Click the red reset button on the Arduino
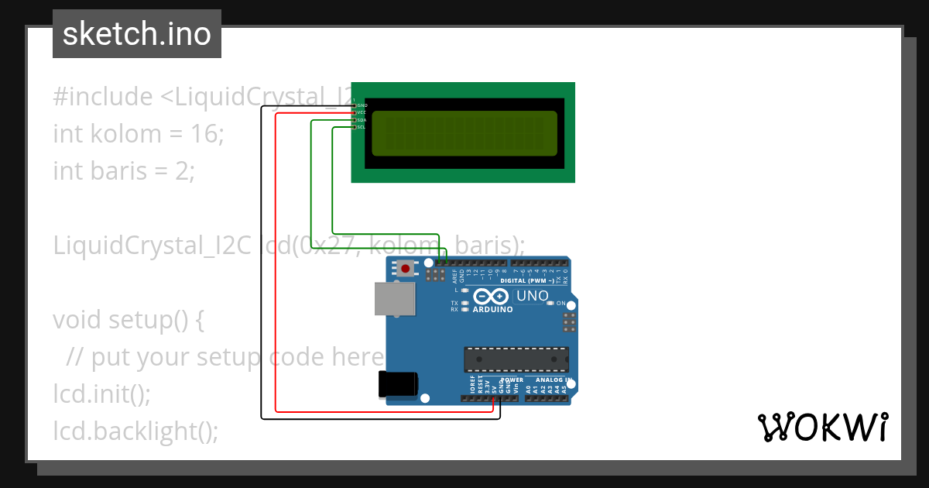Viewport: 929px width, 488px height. (405, 269)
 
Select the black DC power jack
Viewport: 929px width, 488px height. (398, 385)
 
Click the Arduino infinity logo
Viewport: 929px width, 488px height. (489, 296)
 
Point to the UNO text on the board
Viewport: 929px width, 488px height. (533, 296)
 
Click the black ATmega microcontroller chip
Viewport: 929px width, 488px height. (516, 359)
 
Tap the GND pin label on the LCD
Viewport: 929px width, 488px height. (362, 105)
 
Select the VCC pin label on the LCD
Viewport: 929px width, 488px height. (362, 112)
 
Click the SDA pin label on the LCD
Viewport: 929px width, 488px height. (362, 120)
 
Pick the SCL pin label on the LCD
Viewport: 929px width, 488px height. (362, 127)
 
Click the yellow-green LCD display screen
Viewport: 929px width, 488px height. (464, 132)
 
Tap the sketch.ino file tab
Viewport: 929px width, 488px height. (137, 34)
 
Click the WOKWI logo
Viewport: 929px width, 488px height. (822, 427)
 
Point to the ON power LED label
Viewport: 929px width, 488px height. (560, 304)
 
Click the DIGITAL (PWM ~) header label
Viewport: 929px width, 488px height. (527, 280)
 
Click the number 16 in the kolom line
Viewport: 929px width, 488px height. (204, 133)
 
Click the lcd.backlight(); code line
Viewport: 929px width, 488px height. (135, 430)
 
